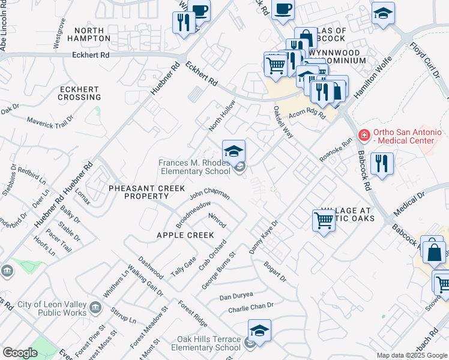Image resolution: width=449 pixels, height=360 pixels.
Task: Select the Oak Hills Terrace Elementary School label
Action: coord(208,343)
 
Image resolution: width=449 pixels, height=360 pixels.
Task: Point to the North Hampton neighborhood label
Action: coord(93,34)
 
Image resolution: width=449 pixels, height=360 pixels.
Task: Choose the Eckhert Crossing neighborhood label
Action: coord(79,93)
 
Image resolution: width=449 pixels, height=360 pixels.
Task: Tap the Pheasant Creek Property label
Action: coord(146,192)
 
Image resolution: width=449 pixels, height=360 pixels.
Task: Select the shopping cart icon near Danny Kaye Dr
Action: coord(324,220)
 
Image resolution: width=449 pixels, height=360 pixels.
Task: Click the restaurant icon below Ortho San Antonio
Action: coord(382,163)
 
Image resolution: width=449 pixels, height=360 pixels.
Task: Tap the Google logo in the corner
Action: coord(20,352)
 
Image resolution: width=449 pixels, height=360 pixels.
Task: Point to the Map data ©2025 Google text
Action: coord(412,355)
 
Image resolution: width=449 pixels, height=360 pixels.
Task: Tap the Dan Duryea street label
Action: coord(236,296)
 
